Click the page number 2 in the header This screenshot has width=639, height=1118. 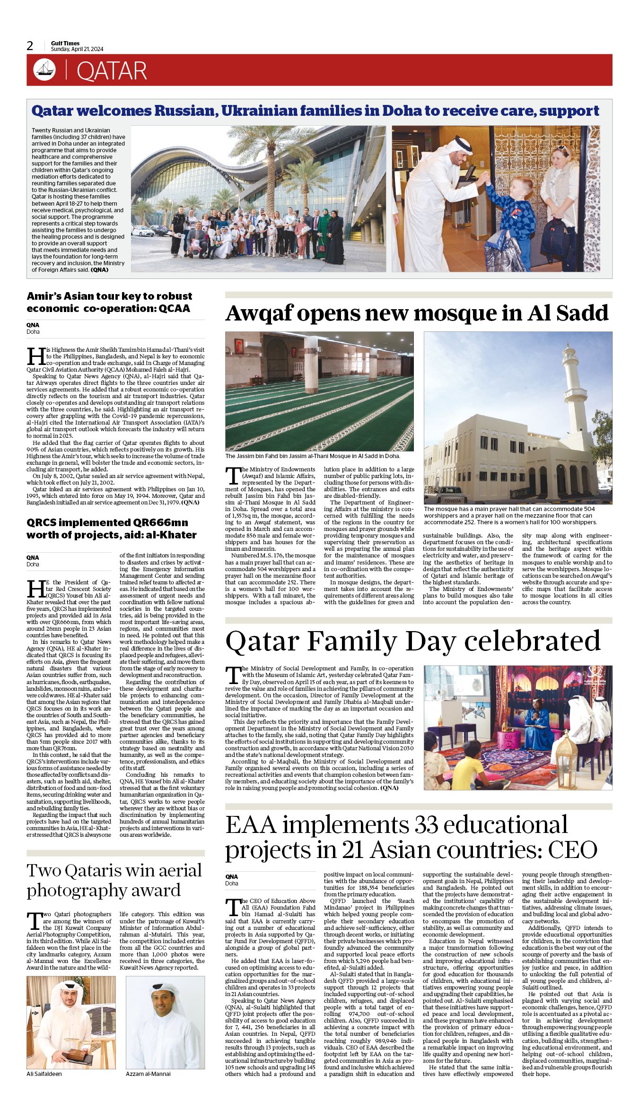[30, 46]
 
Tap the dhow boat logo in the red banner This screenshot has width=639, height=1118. [44, 70]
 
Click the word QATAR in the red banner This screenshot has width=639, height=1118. [112, 71]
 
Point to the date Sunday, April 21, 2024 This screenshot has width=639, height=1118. [77, 49]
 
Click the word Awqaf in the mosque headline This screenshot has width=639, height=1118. [257, 313]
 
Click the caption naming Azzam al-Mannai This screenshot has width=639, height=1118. [148, 1074]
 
